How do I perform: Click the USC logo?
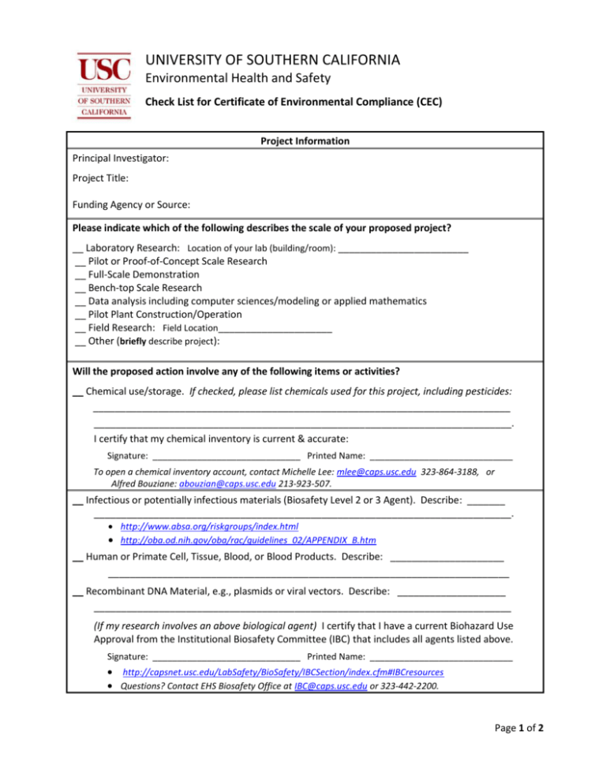click(x=104, y=84)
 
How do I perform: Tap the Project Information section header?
click(x=303, y=142)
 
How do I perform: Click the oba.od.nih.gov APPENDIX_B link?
click(x=248, y=540)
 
